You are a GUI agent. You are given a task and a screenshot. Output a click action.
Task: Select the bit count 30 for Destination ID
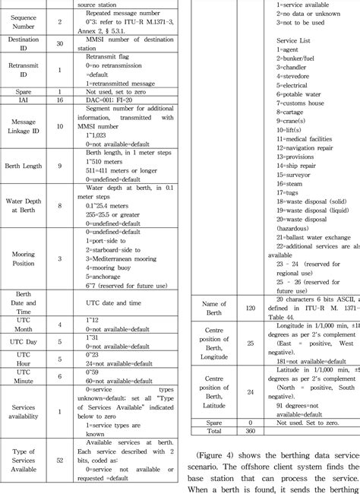pos(59,51)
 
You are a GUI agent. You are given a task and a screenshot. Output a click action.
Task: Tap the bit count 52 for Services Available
pos(59,460)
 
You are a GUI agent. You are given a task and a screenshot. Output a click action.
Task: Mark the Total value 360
pos(250,429)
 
